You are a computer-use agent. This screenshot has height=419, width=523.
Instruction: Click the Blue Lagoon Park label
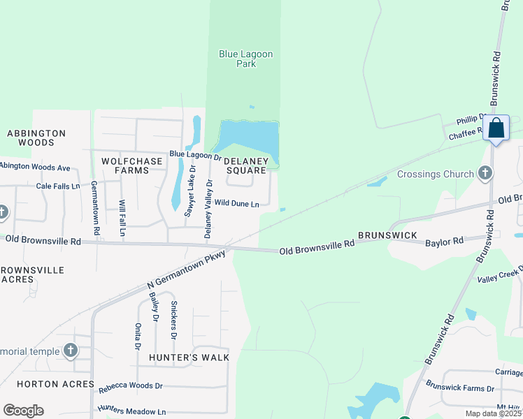point(246,59)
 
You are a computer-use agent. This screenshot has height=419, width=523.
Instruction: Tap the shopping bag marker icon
point(496,128)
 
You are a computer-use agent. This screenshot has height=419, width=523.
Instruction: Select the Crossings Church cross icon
point(485,173)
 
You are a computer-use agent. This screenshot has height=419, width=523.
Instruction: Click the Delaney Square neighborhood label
point(245,166)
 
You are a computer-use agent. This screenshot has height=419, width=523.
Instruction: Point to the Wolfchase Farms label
point(132,166)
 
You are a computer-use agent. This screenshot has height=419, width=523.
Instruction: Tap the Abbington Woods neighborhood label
point(36,138)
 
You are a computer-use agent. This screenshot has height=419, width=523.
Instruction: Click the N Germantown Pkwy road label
point(187,267)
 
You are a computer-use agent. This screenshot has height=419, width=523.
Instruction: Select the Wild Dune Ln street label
point(237,204)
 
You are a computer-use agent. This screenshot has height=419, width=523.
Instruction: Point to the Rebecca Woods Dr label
point(130,385)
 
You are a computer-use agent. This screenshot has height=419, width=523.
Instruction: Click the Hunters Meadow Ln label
point(131,411)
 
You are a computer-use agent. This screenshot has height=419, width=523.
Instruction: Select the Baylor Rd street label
point(444,242)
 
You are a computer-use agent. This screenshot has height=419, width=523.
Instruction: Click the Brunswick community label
point(387,235)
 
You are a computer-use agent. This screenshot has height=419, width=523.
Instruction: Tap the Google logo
point(23,411)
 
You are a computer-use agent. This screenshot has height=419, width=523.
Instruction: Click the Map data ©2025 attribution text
point(493,413)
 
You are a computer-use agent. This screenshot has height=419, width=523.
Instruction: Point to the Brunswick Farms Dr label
point(459,387)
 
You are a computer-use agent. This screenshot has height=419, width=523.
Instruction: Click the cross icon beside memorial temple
point(70,351)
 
